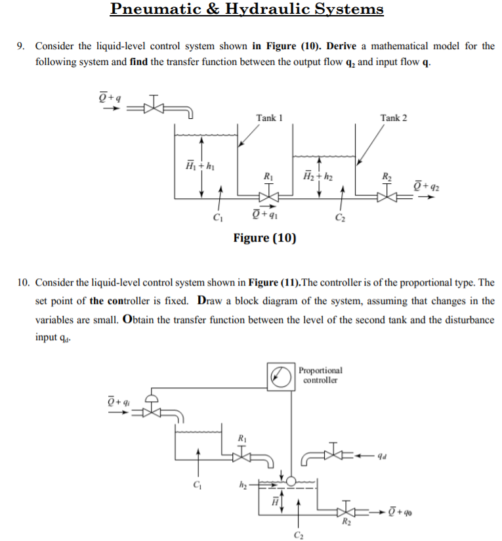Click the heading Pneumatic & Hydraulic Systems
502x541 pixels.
click(x=247, y=9)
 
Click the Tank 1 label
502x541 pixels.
click(x=269, y=118)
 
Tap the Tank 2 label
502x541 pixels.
click(x=393, y=118)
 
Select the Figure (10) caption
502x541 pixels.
click(x=264, y=238)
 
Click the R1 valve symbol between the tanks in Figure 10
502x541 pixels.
click(x=268, y=196)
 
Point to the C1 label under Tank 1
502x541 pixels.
click(x=219, y=218)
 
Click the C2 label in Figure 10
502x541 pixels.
click(x=339, y=218)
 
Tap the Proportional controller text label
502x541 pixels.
click(x=320, y=375)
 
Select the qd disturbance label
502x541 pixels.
click(x=391, y=453)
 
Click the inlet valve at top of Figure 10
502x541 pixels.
click(x=153, y=106)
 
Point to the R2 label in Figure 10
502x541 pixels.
click(x=385, y=175)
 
